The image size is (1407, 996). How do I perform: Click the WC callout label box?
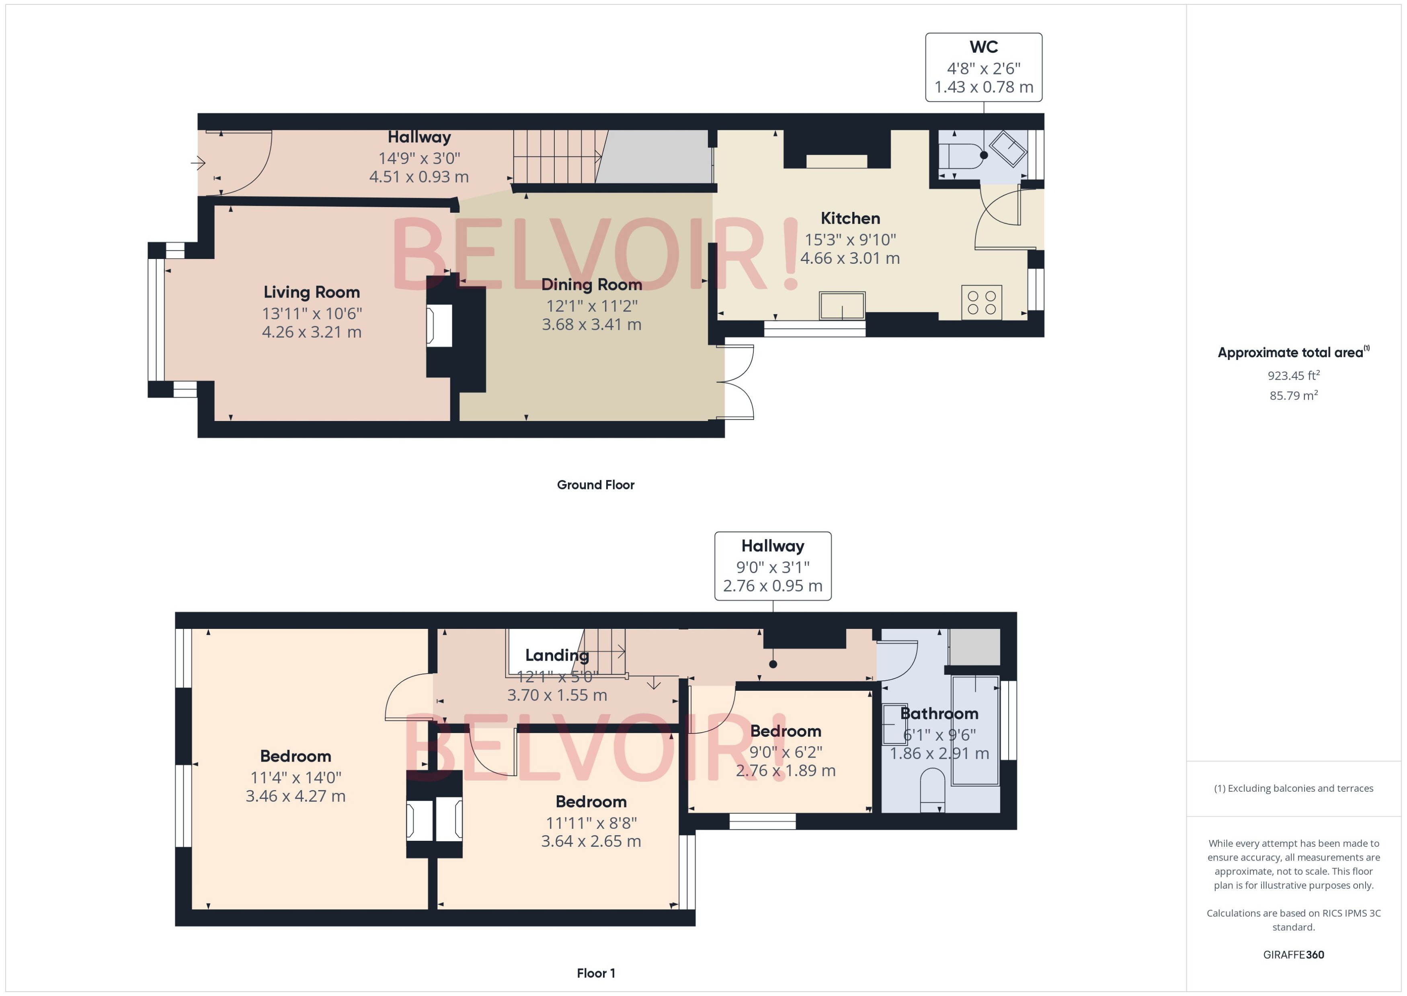pos(983,68)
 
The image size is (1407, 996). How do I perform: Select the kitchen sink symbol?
pos(842,306)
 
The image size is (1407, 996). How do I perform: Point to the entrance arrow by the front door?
pos(197,163)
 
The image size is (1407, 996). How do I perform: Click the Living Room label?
pos(312,293)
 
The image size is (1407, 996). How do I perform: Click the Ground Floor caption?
pos(595,485)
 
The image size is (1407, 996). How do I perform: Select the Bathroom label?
pos(939,714)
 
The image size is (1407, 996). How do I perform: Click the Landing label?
pos(557,655)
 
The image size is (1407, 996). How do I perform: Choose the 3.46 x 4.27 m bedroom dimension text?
pos(295,797)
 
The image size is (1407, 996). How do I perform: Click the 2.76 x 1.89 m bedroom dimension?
pos(786,771)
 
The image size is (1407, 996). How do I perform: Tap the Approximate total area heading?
pos(1292,353)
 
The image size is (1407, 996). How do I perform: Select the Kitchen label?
pos(850,218)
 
